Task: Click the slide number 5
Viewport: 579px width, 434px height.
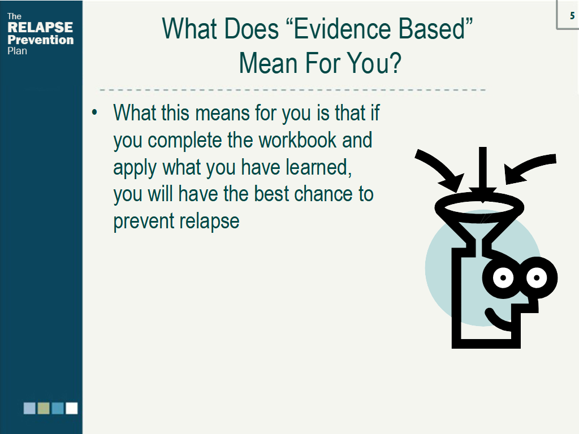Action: tap(572, 15)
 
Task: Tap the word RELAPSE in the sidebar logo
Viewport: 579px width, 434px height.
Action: tap(40, 27)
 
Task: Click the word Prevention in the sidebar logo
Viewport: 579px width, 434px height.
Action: tap(41, 40)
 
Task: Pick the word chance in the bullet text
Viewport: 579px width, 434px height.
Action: tap(323, 194)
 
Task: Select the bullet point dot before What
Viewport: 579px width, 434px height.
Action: tap(95, 112)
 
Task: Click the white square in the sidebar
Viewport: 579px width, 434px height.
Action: tap(72, 408)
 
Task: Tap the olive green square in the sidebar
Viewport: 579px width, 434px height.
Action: tap(44, 408)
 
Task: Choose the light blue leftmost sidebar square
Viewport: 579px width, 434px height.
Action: tap(29, 408)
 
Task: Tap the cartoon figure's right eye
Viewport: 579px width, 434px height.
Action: tap(536, 277)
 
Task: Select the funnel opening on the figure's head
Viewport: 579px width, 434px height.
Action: tap(479, 207)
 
